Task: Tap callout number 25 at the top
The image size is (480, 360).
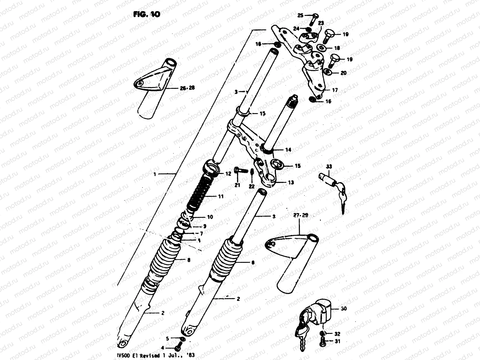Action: pyautogui.click(x=301, y=15)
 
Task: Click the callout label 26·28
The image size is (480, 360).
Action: pyautogui.click(x=187, y=88)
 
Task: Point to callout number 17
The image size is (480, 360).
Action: pyautogui.click(x=335, y=90)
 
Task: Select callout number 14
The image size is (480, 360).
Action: pyautogui.click(x=288, y=150)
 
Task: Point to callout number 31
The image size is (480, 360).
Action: pyautogui.click(x=337, y=341)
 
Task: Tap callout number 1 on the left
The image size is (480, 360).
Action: pyautogui.click(x=155, y=173)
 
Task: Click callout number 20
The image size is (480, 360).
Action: pyautogui.click(x=343, y=73)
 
